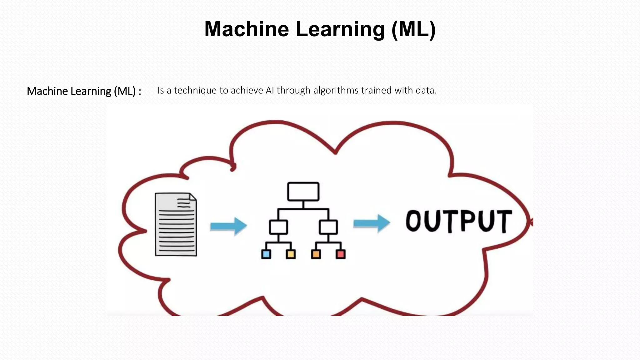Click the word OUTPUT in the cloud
tap(458, 221)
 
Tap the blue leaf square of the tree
tap(266, 254)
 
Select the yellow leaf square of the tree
tap(291, 254)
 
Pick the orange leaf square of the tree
tap(316, 254)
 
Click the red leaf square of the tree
tap(341, 254)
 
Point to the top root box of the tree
tap(303, 192)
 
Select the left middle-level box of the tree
tap(278, 227)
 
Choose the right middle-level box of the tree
tap(328, 227)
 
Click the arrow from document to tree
tap(228, 226)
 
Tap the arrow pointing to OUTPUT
tap(372, 223)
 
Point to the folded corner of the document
tap(192, 197)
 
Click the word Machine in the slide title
tap(247, 29)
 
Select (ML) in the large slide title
tap(413, 29)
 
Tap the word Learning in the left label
tap(91, 91)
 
